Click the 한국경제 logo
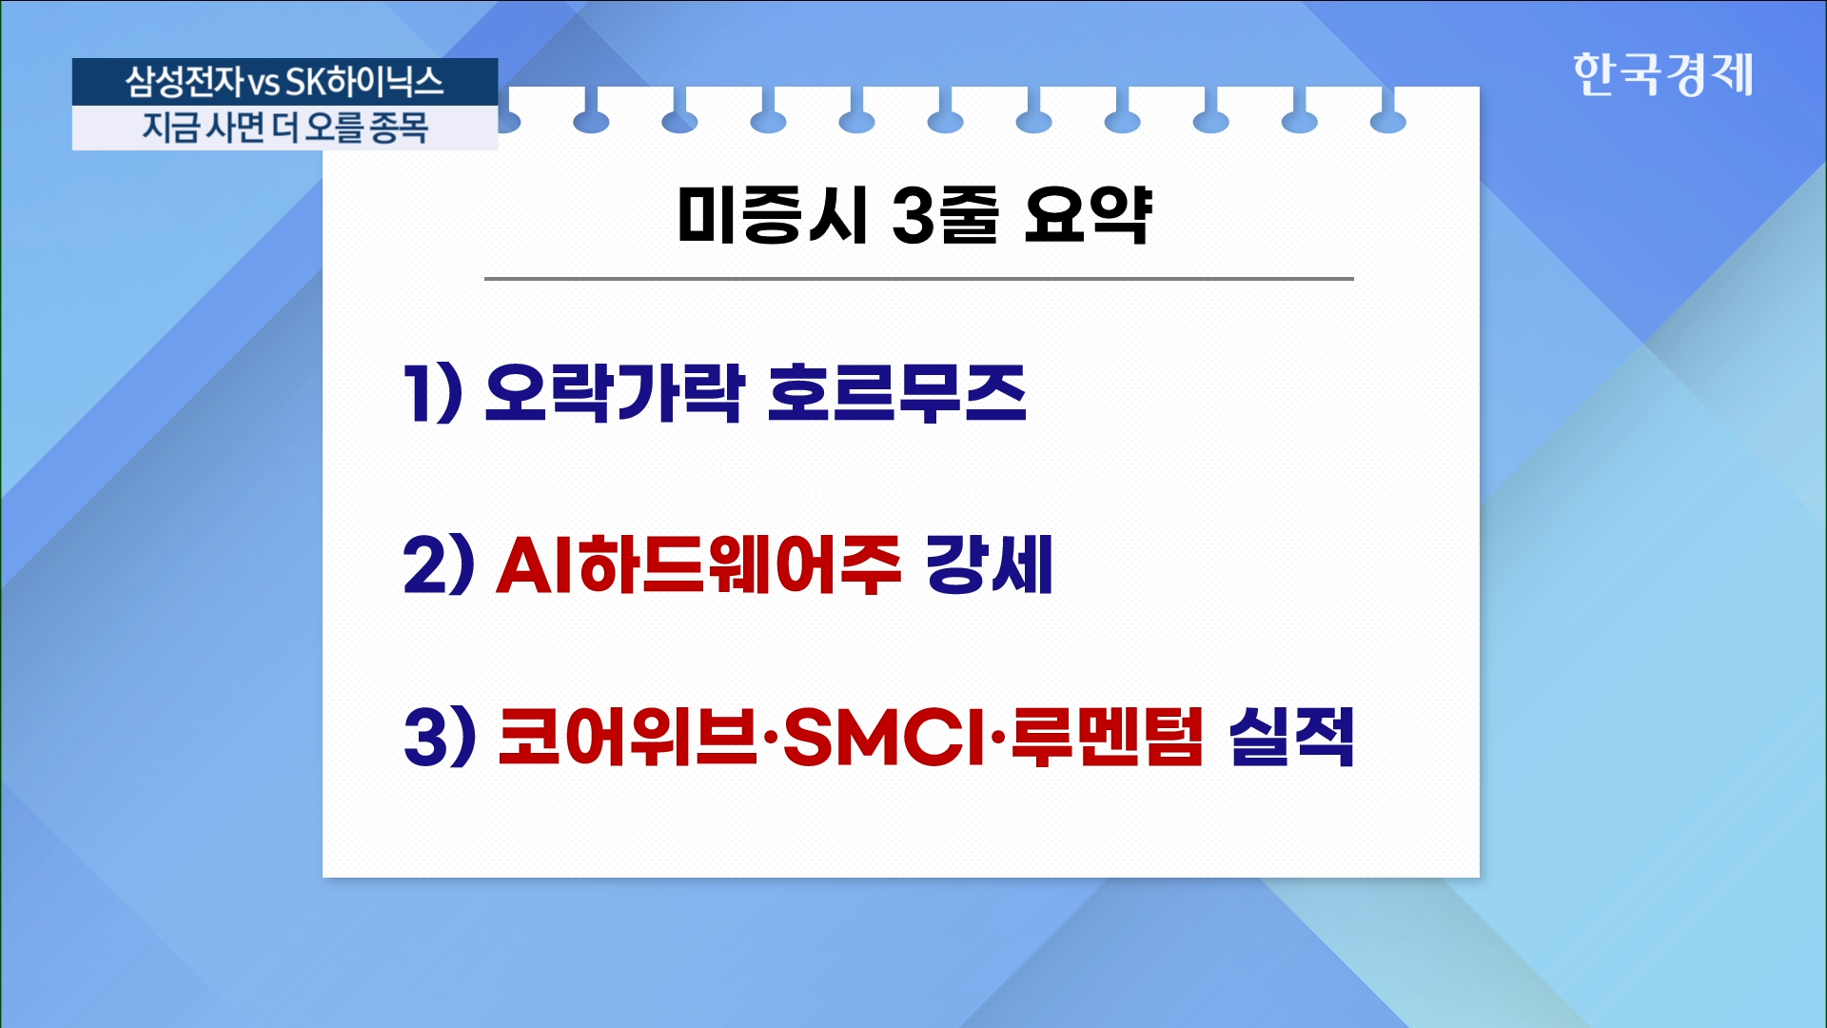[x=1662, y=74]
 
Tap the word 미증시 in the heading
[x=772, y=215]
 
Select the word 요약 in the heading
[x=1088, y=215]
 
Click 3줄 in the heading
[x=945, y=215]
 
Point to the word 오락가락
[x=615, y=392]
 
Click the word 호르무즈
[x=896, y=392]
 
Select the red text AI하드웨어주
[x=698, y=564]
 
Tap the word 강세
[x=990, y=564]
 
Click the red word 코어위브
[x=628, y=737]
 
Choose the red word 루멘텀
[x=1108, y=737]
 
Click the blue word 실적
[x=1291, y=737]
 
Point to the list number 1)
[x=433, y=392]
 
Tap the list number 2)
[x=439, y=564]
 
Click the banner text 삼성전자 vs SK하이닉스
[x=285, y=82]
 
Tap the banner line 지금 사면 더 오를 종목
[x=285, y=128]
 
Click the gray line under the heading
[x=919, y=279]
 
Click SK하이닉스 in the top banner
[x=364, y=82]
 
